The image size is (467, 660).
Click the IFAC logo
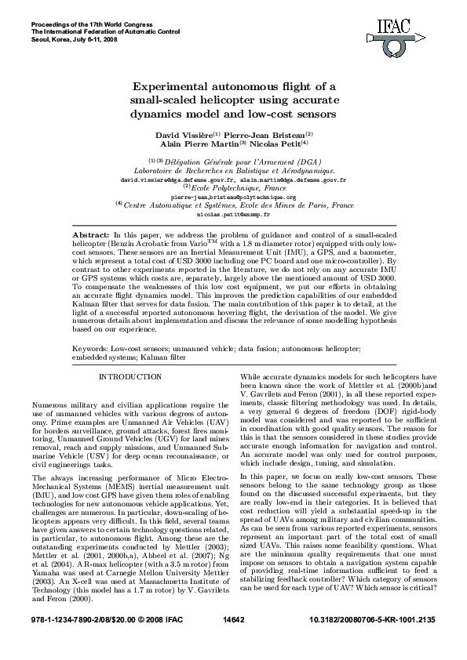(414, 31)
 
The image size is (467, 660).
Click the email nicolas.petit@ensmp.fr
(233, 213)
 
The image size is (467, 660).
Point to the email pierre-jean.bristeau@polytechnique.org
(233, 197)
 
